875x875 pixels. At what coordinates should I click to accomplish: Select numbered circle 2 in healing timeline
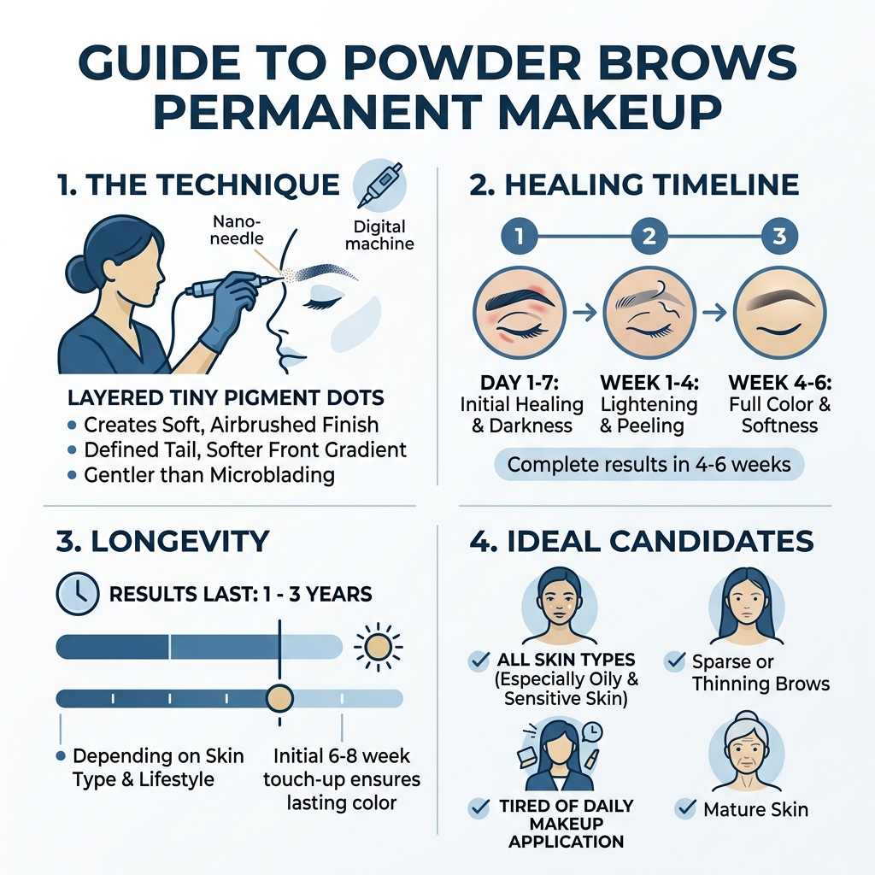pos(649,236)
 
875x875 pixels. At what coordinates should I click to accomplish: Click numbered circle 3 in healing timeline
pos(778,236)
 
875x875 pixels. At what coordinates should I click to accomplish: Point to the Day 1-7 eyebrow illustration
pos(519,313)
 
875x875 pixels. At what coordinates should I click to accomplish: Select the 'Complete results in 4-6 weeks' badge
pos(649,465)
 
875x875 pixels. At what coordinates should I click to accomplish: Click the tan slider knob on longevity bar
pos(279,698)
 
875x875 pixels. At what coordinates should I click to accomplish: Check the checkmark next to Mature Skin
pos(684,807)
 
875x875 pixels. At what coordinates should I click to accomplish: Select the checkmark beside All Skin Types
pos(479,660)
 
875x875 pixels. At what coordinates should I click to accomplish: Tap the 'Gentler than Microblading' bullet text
pos(208,474)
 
